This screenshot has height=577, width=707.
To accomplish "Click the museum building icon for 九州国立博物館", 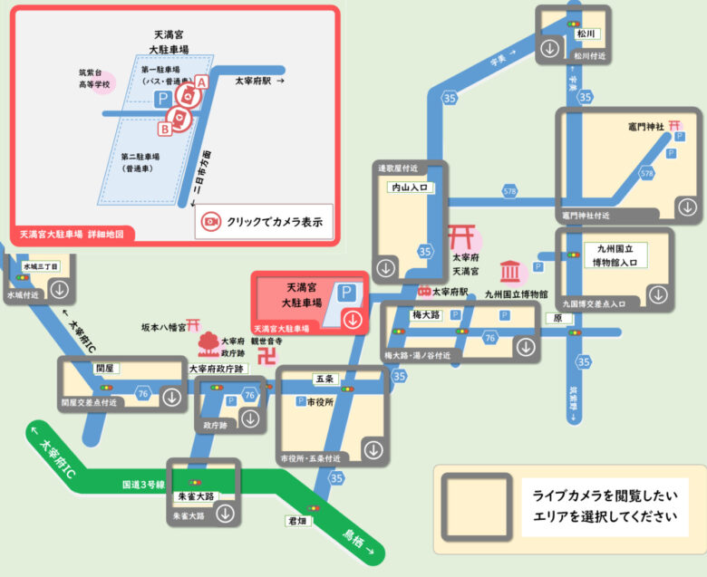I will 511,272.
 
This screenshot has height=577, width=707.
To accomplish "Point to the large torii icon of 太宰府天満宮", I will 463,237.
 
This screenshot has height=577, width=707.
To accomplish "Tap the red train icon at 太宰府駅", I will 423,292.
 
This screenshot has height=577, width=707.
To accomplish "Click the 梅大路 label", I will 425,315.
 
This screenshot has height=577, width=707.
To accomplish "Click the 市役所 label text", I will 323,401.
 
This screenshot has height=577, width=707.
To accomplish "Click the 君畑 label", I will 296,521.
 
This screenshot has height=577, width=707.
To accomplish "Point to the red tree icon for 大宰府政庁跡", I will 208,343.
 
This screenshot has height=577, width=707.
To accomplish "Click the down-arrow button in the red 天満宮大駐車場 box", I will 353,319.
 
